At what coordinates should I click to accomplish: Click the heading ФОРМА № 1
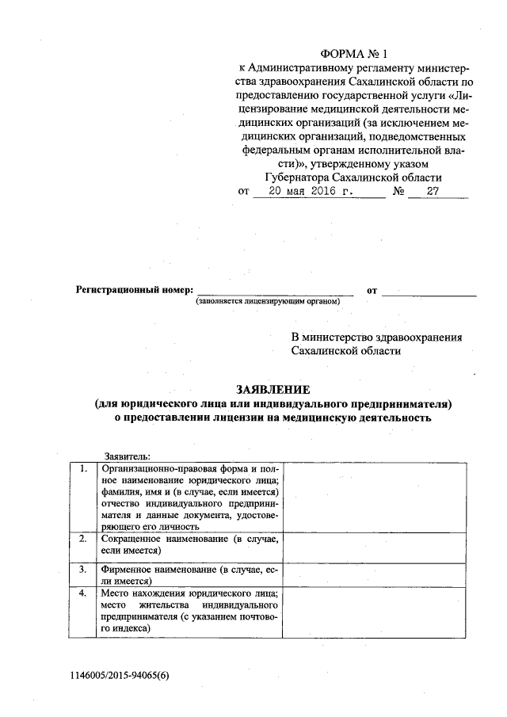point(353,53)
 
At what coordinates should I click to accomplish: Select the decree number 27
point(432,192)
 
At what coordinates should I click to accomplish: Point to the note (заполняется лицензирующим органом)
point(269,303)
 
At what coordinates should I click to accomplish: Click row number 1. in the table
point(82,469)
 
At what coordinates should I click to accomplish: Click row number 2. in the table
point(82,539)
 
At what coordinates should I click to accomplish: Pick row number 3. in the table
point(82,569)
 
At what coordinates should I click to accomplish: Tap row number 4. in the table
point(82,593)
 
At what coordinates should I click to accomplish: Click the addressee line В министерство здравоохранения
point(376,337)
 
